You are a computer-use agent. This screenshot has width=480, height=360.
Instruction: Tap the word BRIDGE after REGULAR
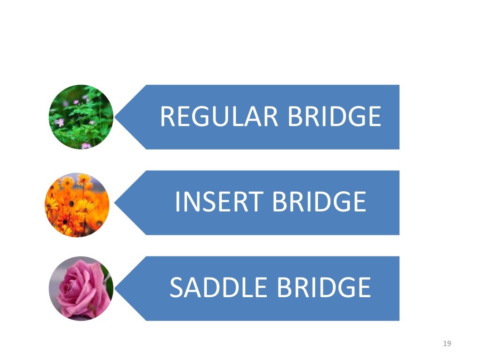point(334,117)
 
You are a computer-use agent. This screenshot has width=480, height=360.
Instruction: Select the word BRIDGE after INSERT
point(319,202)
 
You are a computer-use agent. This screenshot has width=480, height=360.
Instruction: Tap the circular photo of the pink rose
point(81,288)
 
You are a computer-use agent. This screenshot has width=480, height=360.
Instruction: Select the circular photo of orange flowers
point(77,205)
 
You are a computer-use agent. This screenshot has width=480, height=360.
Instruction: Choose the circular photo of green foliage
point(81,117)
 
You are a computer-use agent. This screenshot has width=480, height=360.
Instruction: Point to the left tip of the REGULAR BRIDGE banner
point(116,117)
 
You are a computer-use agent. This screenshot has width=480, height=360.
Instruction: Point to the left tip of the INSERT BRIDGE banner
point(116,202)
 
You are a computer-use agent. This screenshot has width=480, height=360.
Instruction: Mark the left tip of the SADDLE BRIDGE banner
point(116,288)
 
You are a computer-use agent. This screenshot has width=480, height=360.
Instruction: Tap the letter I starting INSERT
point(177,202)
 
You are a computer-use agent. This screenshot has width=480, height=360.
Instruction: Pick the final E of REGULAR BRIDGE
point(374,117)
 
